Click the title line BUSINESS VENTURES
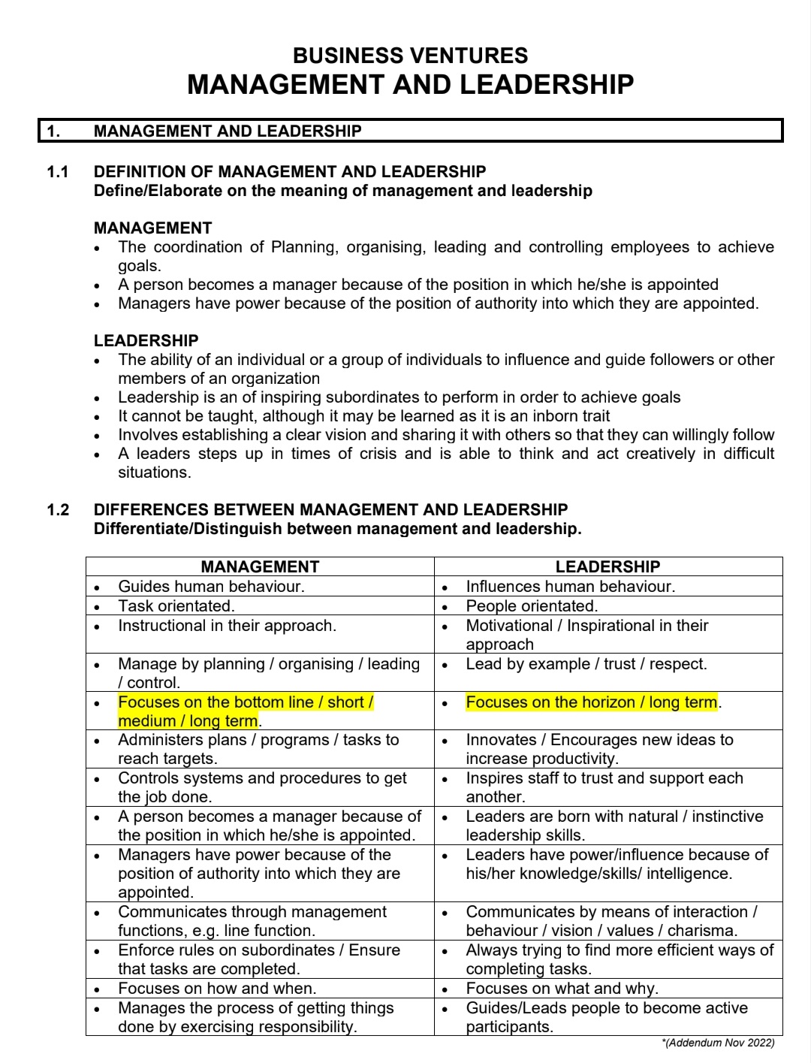[410, 56]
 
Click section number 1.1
[58, 172]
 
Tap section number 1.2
[58, 510]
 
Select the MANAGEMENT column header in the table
[260, 567]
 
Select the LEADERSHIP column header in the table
[607, 567]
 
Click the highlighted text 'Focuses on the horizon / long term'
[592, 702]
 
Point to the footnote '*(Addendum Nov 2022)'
[719, 1043]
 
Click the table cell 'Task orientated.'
[176, 606]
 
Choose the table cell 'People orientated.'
[532, 606]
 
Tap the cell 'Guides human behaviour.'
[211, 587]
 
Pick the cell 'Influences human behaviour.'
[570, 587]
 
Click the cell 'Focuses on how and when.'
[217, 989]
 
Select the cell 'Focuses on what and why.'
[562, 989]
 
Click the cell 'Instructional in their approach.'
[227, 626]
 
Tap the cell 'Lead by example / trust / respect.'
[586, 664]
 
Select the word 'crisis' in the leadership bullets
[373, 454]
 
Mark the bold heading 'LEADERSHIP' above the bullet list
[146, 340]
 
